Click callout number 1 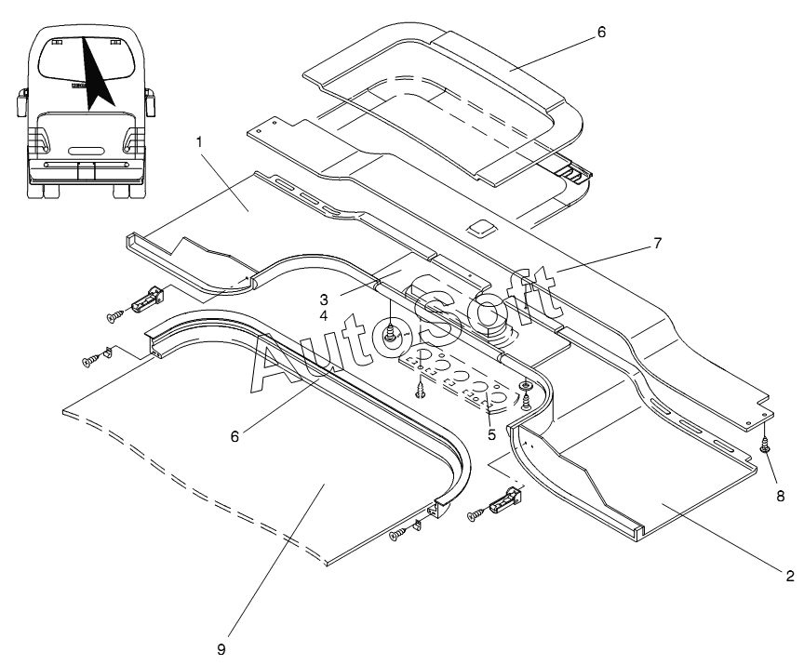(x=199, y=142)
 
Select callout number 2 (x=790, y=576)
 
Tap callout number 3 (x=324, y=299)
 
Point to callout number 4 (x=324, y=315)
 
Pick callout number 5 (x=491, y=435)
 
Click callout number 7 (x=657, y=243)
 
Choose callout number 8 (x=781, y=496)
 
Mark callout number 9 (x=221, y=649)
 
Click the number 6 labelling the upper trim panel (x=601, y=32)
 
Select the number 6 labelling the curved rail (x=234, y=436)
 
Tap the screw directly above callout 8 (x=764, y=445)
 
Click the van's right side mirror (x=150, y=102)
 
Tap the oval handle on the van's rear (x=85, y=152)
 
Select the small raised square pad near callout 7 (x=482, y=228)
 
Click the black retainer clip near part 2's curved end (x=506, y=500)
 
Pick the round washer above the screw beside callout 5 (x=526, y=386)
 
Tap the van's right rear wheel (x=122, y=191)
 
